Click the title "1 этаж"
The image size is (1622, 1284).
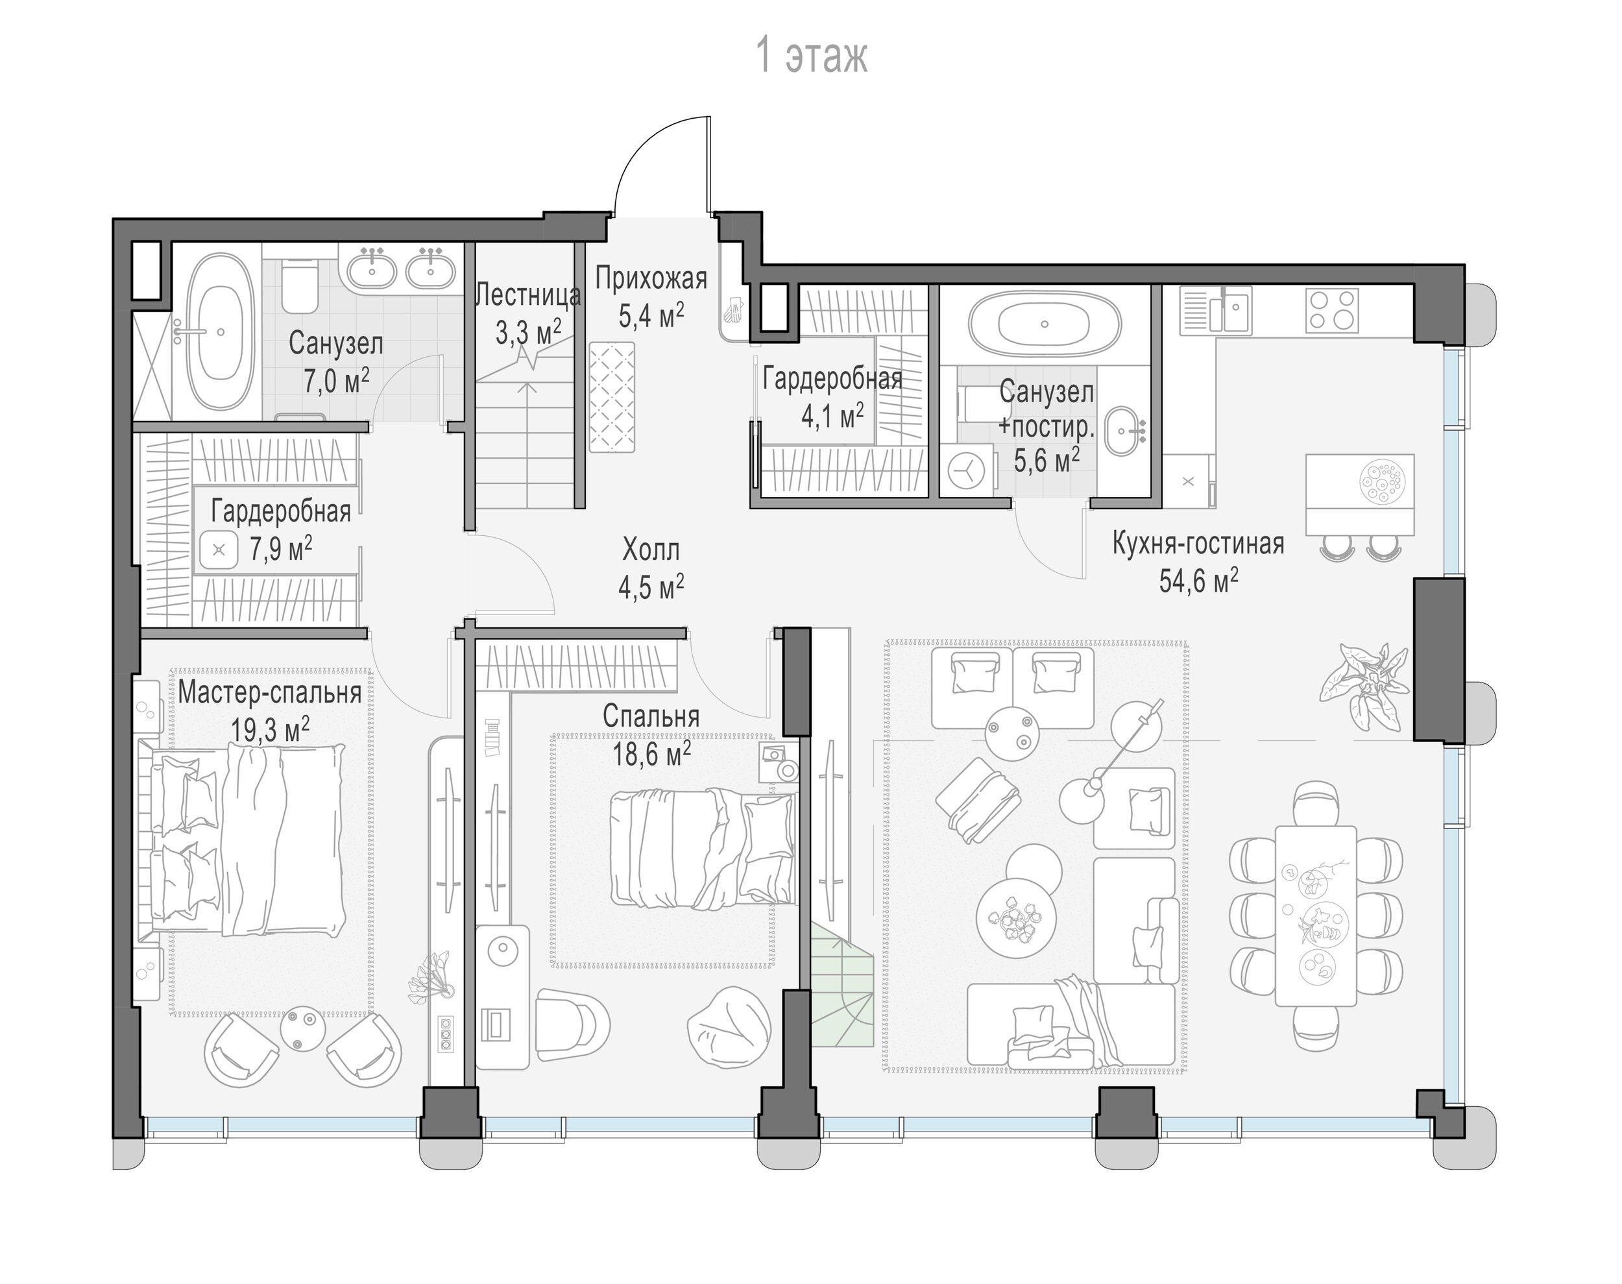click(811, 56)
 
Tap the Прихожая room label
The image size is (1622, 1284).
click(651, 278)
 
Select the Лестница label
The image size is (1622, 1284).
click(528, 295)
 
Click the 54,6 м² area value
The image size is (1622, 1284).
click(1198, 580)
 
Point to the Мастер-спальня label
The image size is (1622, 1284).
click(270, 692)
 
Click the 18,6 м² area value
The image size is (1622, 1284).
click(651, 753)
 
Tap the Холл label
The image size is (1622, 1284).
click(651, 550)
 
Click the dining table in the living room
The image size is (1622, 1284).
click(1315, 915)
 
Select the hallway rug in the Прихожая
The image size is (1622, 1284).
click(612, 397)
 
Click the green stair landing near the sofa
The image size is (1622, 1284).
click(840, 985)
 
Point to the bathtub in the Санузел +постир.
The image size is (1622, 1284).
click(1045, 325)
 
